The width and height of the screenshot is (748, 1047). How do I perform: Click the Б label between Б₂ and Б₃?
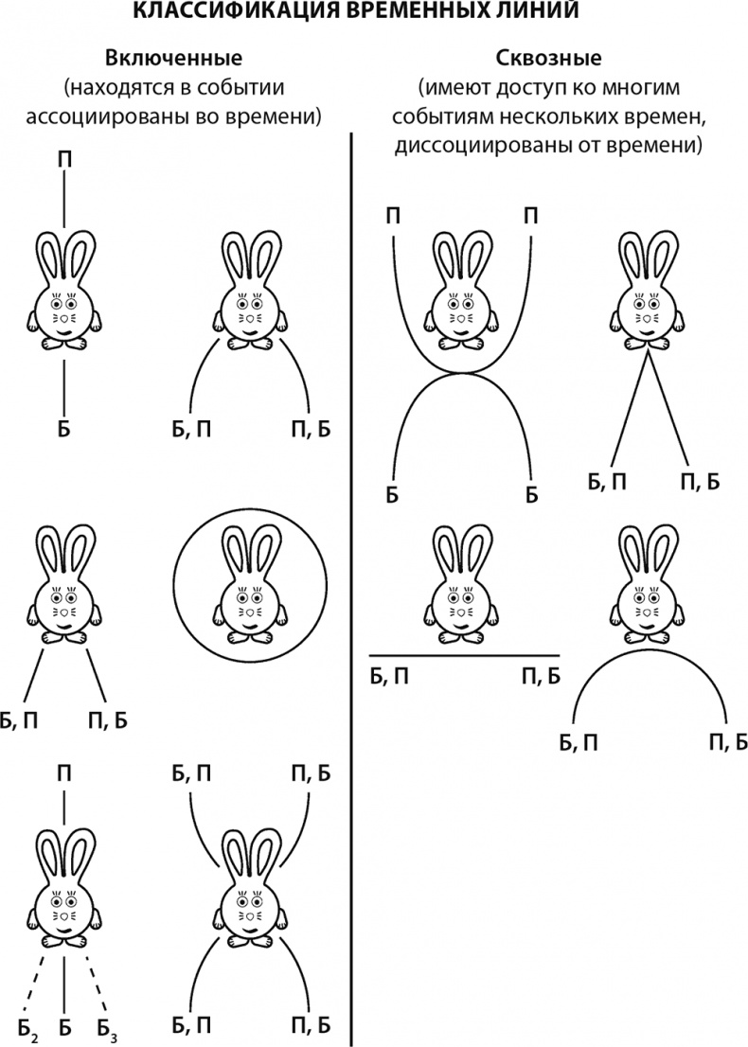[64, 1026]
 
